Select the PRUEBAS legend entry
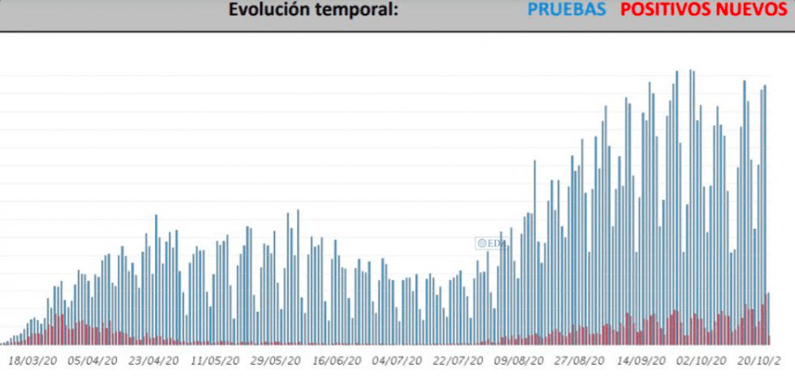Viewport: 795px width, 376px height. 566,11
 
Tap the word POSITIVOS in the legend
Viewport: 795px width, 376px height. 668,11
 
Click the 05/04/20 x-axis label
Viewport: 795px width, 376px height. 93,359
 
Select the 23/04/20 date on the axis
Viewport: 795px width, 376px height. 154,359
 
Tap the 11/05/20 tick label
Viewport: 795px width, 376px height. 215,359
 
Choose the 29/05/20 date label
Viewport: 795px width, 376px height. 276,359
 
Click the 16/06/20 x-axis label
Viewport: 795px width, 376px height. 337,359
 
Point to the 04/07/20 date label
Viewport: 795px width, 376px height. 397,359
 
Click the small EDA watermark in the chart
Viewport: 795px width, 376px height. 491,242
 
